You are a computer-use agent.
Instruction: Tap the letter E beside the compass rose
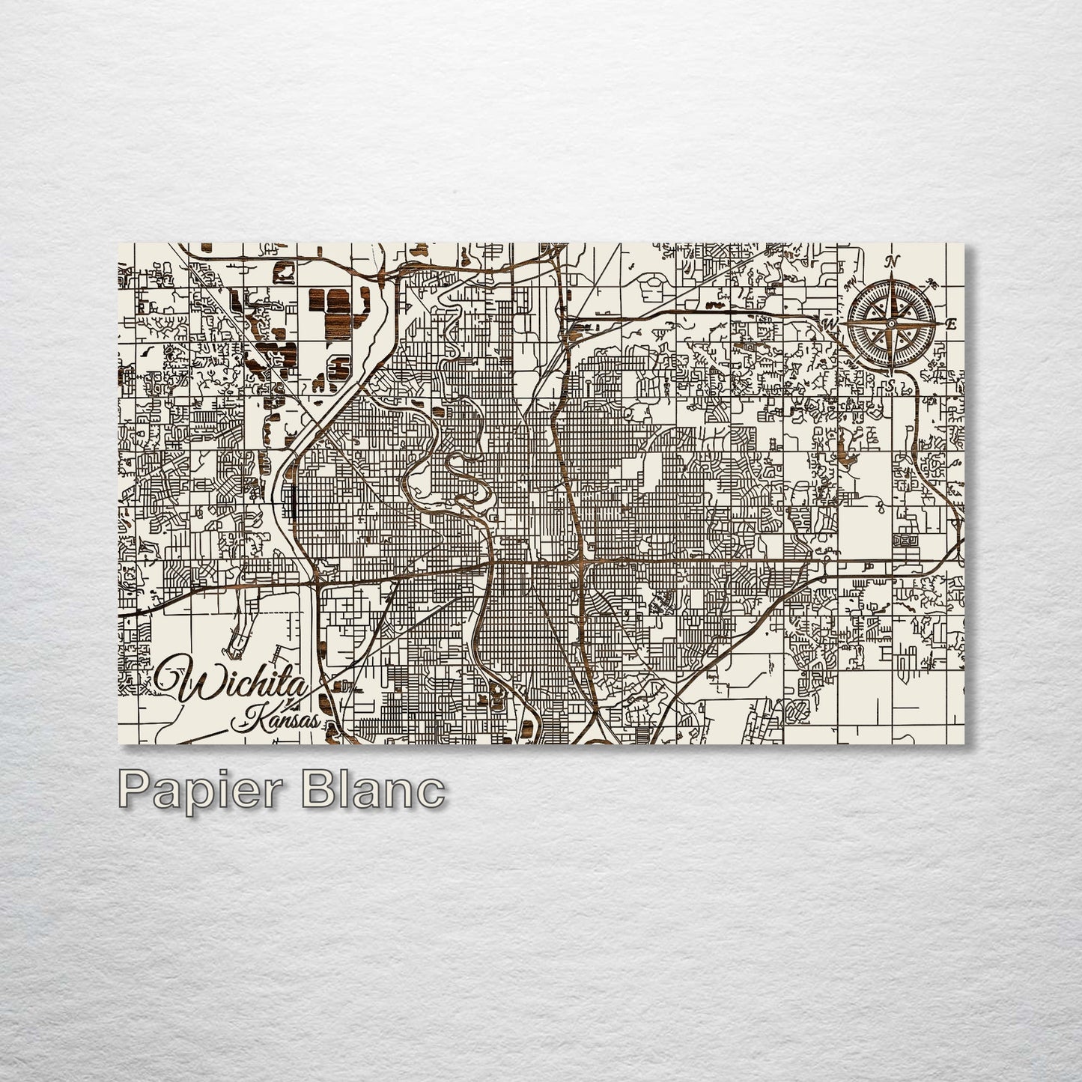[x=952, y=324]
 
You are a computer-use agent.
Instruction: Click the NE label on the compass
[x=931, y=283]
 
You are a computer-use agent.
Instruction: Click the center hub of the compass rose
[x=891, y=323]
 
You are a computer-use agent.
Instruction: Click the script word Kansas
[x=276, y=722]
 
